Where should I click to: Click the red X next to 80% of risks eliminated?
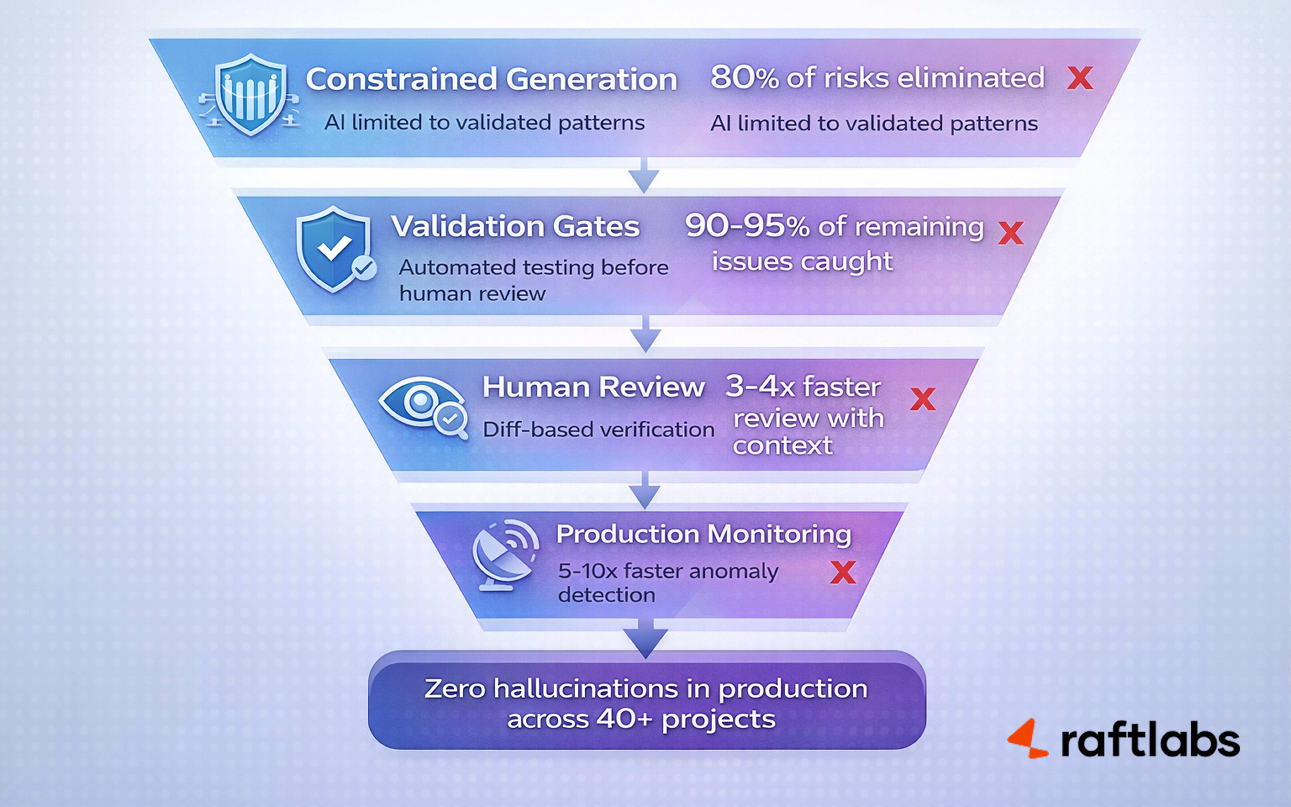tap(1080, 78)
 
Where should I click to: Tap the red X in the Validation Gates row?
tap(1010, 233)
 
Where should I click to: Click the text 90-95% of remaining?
tap(834, 226)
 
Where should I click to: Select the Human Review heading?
tap(593, 387)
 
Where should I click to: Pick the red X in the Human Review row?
tap(922, 399)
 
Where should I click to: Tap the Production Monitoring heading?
tap(703, 534)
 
